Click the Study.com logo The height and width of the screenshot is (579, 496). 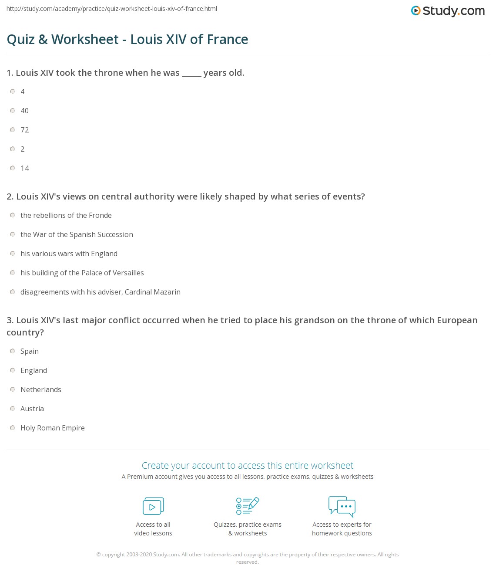coord(448,11)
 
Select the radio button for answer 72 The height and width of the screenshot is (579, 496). coord(13,130)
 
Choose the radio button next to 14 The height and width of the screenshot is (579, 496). coord(13,168)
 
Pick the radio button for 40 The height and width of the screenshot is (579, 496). coord(13,111)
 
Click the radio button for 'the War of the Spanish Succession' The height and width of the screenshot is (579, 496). coord(13,234)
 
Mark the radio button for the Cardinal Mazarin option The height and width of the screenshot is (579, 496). coord(13,292)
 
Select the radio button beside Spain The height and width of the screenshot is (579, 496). coord(13,351)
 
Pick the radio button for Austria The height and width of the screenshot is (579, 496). coord(13,409)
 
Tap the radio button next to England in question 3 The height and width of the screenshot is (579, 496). coord(13,370)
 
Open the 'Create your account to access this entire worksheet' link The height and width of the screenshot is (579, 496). coord(248,465)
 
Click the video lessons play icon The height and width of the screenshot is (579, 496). coord(153,506)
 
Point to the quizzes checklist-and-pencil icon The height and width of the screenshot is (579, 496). coord(248,506)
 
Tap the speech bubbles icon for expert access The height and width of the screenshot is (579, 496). coord(342,506)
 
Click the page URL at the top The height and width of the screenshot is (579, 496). coord(112,9)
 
